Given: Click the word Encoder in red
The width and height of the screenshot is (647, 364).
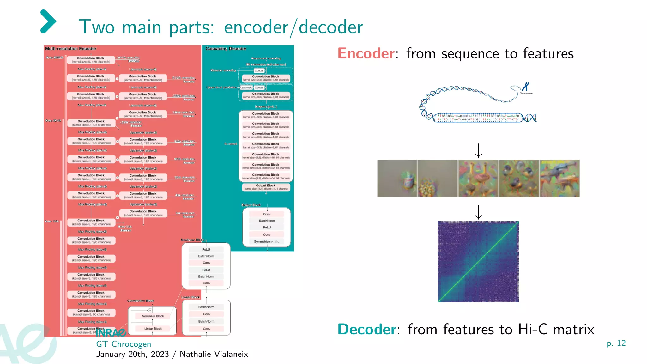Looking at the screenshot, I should (x=366, y=53).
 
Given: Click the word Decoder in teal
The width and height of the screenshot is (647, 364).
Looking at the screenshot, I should (x=366, y=329).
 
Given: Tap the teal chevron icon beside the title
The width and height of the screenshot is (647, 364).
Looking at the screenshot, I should (x=48, y=21).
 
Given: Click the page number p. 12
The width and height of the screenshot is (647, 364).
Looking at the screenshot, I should (x=616, y=343).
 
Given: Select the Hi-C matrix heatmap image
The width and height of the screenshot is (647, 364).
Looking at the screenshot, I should (x=478, y=262).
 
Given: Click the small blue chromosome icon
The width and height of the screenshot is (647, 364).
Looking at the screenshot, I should (x=525, y=87).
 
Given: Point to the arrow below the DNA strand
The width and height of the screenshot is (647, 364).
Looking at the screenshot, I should (x=478, y=151).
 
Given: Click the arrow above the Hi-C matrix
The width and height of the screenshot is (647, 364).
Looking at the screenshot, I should (x=478, y=212).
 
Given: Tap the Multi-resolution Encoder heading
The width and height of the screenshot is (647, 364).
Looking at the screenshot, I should (x=70, y=49).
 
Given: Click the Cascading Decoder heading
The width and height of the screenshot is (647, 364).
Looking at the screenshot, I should (x=226, y=49).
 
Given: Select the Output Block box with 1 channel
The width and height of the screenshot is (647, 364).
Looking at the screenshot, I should (x=266, y=187).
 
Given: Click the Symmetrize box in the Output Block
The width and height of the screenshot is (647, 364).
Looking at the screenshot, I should (x=266, y=242).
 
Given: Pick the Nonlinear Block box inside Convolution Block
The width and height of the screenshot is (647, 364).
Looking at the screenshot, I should (x=153, y=316).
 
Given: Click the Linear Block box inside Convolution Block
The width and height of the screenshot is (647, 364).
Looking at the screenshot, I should (x=153, y=329).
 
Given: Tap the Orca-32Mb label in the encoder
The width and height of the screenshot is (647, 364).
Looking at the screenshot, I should (x=53, y=121).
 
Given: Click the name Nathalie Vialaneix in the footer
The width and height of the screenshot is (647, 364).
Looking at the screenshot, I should (x=214, y=354).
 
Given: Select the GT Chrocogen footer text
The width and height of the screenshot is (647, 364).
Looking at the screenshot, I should (x=124, y=344).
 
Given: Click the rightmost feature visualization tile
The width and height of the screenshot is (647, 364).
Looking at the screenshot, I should (x=559, y=179).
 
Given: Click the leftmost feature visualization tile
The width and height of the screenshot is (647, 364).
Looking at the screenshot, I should (x=397, y=179).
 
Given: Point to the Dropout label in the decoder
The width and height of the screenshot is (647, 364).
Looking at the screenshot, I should (x=266, y=107).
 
